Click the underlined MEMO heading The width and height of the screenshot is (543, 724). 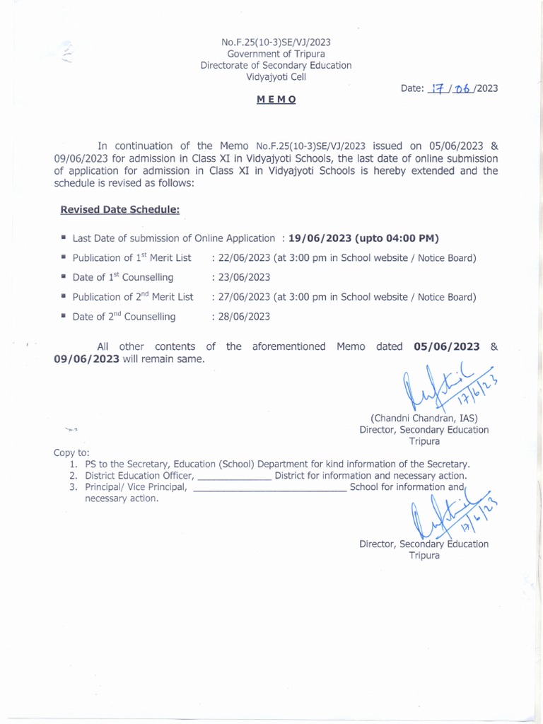pos(276,100)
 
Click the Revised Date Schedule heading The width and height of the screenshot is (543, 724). pos(119,209)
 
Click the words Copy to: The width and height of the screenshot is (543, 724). pos(71,452)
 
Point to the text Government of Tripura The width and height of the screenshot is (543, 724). pos(276,54)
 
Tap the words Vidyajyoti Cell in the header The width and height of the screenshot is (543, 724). pos(276,77)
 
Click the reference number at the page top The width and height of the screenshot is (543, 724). pos(276,42)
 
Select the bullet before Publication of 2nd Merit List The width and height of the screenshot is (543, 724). pos(64,296)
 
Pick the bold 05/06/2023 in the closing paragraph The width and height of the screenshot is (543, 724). pos(446,346)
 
